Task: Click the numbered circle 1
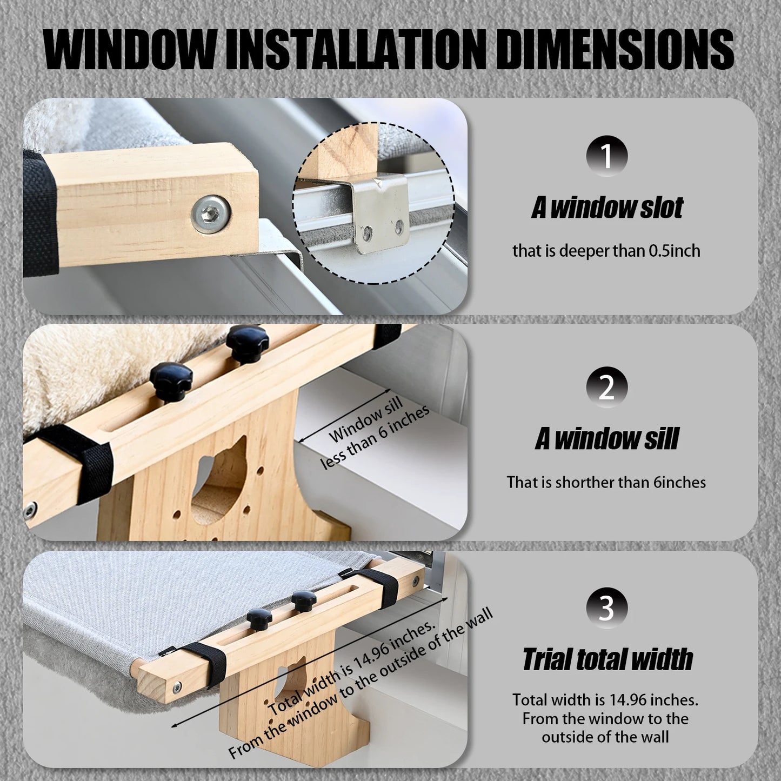[x=606, y=156]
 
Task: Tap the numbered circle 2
[x=606, y=388]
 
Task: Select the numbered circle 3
[x=606, y=608]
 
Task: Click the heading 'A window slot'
[x=606, y=208]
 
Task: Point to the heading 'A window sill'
[x=606, y=439]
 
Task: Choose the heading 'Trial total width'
[x=607, y=659]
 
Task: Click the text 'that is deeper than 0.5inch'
[x=606, y=251]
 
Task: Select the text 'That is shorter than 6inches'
[x=606, y=482]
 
